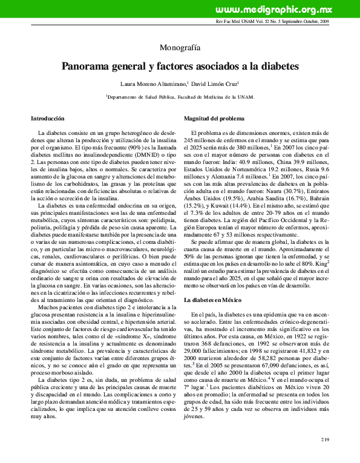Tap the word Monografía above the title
pyautogui.click(x=180, y=47)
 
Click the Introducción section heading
pyautogui.click(x=48, y=118)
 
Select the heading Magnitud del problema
pyautogui.click(x=214, y=118)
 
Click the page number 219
pyautogui.click(x=326, y=439)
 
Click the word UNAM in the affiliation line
pyautogui.click(x=248, y=97)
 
